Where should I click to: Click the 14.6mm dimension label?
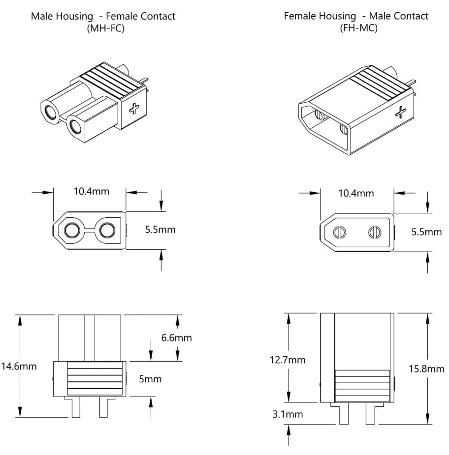tap(19, 366)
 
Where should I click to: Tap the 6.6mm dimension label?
tap(176, 338)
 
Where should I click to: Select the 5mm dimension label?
tap(150, 379)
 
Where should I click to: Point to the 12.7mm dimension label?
tap(287, 360)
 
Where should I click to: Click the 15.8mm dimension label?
tap(426, 369)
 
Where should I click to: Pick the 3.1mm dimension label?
tap(288, 414)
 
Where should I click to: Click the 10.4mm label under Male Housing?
tap(91, 191)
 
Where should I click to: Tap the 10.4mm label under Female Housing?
tap(356, 193)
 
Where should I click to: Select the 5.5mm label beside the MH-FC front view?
tap(160, 229)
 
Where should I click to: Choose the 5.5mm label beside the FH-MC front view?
tap(426, 231)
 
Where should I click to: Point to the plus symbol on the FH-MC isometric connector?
tap(401, 113)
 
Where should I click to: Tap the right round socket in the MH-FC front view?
tap(107, 230)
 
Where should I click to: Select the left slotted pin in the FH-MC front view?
tap(339, 232)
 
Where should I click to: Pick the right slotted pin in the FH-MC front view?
tap(375, 232)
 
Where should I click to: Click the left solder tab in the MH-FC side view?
tap(76, 407)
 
